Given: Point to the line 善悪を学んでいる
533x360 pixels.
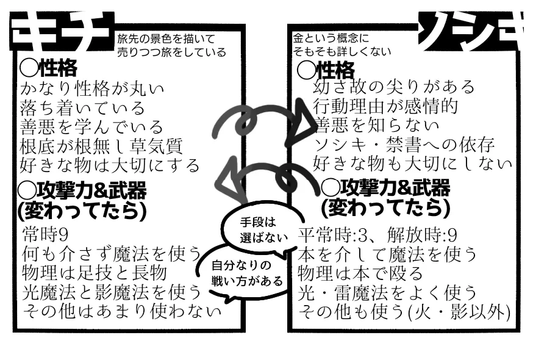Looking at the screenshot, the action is [92, 127].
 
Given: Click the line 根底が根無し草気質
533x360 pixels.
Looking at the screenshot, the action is [101, 146].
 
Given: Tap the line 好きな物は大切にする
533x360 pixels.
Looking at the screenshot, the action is [110, 165].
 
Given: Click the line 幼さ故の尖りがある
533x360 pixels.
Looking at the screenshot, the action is [393, 87].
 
